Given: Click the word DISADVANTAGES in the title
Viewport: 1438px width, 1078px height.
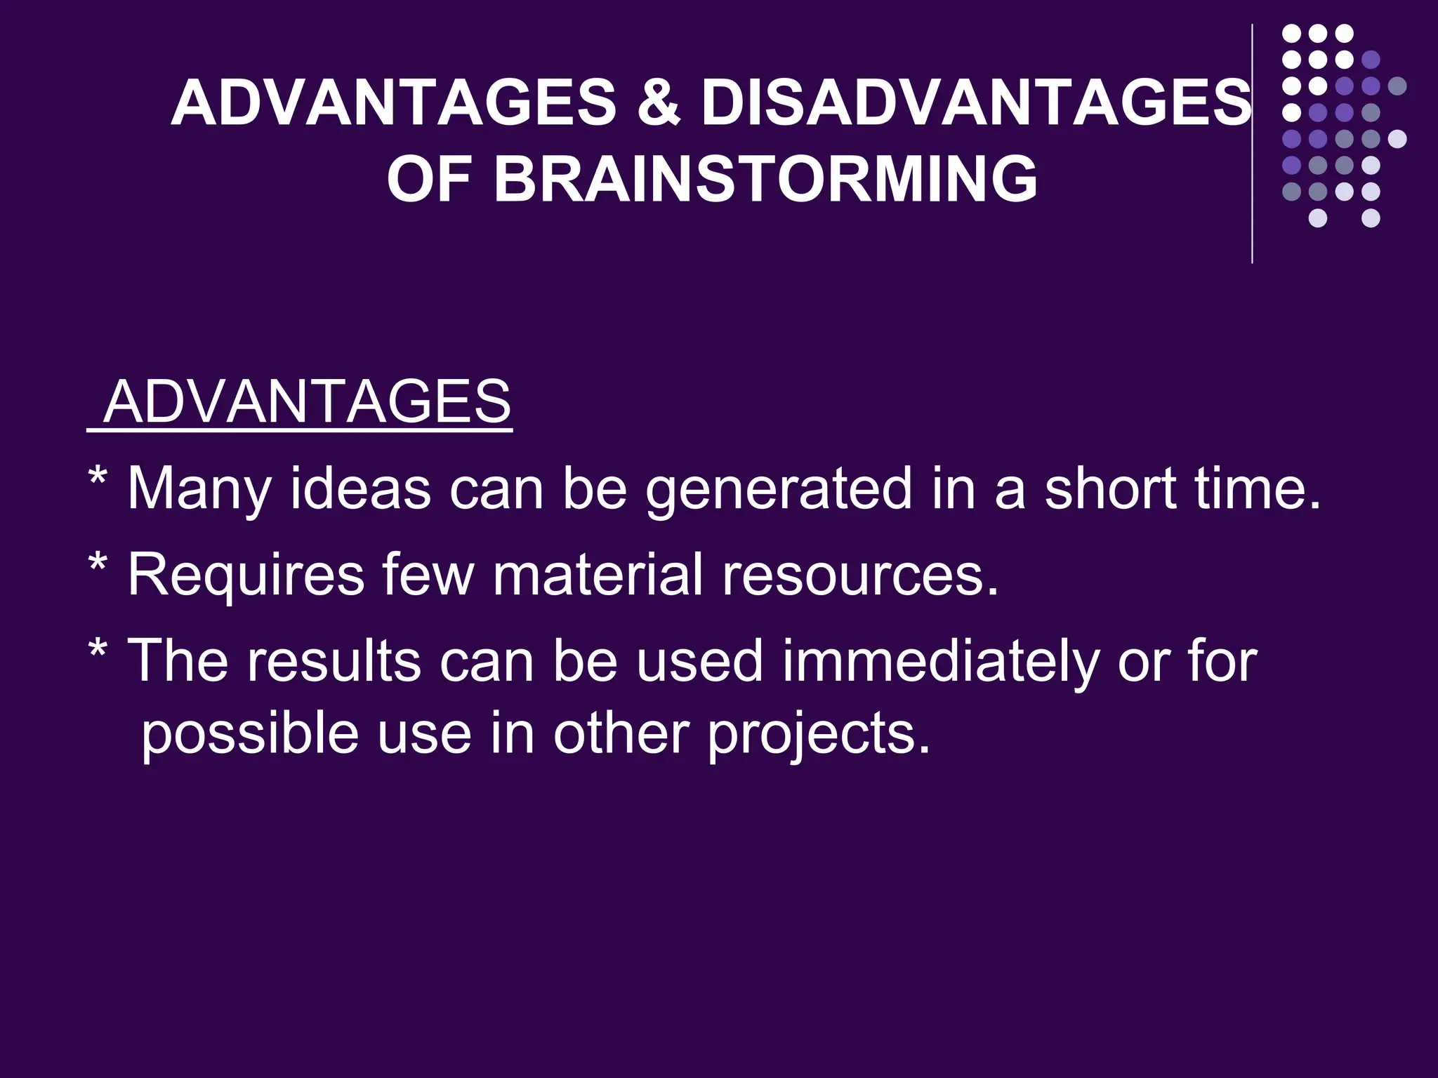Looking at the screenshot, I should [x=976, y=104].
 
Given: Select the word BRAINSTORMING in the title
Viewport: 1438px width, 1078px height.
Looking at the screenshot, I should [x=765, y=179].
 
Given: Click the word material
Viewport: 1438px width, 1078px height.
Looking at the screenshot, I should [x=598, y=574].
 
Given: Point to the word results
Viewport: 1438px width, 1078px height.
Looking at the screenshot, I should [x=334, y=660].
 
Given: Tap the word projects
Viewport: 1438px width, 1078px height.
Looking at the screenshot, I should [x=819, y=734].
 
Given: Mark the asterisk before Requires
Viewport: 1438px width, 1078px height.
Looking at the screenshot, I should [x=98, y=565].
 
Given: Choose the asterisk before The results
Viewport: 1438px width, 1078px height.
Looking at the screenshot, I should [x=98, y=651].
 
